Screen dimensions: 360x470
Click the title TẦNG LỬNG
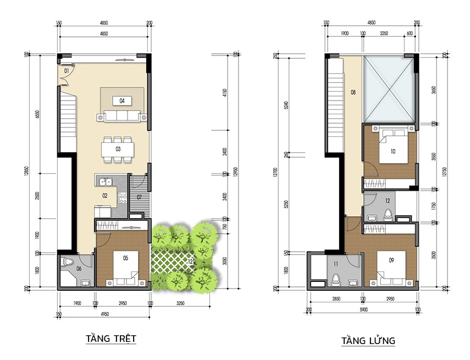pos(368,341)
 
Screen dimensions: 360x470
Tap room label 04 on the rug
pos(121,101)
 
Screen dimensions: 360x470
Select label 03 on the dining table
pos(118,149)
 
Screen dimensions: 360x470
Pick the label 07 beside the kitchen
pos(140,197)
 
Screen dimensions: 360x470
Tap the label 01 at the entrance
pos(66,71)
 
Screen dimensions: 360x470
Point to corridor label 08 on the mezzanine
pos(352,92)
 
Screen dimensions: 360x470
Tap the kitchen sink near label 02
pos(104,181)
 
